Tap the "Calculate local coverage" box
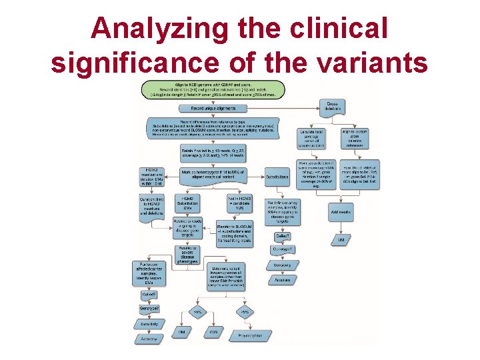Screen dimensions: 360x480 click(313, 137)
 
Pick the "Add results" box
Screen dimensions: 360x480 click(341, 211)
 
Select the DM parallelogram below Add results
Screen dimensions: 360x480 click(341, 239)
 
